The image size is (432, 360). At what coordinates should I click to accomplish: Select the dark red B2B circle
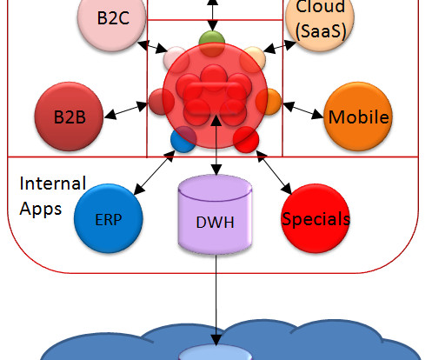click(x=69, y=117)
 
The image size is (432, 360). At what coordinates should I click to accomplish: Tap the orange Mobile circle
click(x=358, y=117)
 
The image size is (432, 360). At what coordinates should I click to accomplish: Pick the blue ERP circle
click(x=109, y=218)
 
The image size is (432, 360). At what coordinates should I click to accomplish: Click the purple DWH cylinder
click(x=215, y=215)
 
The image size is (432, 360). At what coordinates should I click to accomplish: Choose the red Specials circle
click(x=316, y=218)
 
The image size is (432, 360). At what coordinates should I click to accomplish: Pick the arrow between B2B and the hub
click(x=126, y=110)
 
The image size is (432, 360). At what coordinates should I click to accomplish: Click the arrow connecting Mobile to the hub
click(x=302, y=110)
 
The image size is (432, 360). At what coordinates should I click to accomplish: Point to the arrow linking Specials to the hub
click(x=274, y=172)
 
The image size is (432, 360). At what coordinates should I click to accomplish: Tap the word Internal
click(x=53, y=183)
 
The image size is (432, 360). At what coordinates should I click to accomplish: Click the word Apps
click(x=41, y=210)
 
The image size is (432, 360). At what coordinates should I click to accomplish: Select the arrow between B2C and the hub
click(x=153, y=47)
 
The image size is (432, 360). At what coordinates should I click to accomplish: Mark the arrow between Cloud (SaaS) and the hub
click(x=280, y=46)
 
